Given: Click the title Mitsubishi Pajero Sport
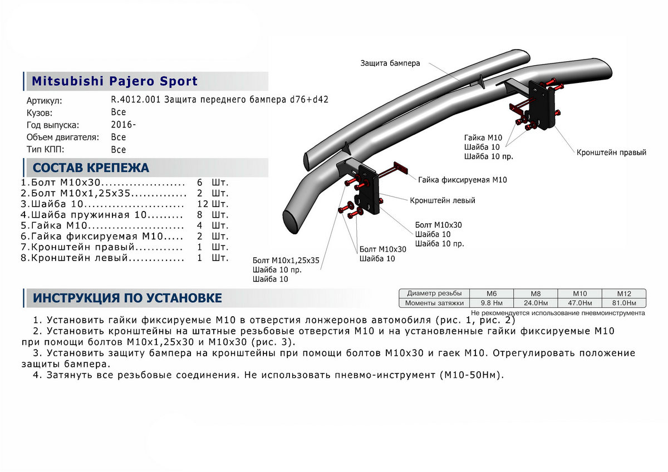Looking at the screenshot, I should coord(115,81).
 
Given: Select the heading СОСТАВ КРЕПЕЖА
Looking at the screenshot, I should coord(91,168).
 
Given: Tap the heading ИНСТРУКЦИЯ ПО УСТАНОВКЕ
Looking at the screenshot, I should coord(127,298).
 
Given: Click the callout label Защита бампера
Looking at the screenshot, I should coord(390,63).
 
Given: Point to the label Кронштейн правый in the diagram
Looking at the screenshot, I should coord(611,152).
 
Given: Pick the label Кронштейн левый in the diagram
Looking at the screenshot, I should coord(443,200).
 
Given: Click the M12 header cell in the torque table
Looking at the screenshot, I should coord(623,293).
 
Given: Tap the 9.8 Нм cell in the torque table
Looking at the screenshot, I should coord(492,303).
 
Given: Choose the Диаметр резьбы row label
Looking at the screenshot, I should coord(434,293).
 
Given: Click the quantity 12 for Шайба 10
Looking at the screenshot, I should coord(202,204).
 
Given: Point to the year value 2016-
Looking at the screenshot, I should coord(123,124).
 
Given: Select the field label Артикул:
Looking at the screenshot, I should coord(45,101).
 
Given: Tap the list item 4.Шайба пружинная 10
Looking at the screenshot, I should coord(102,215).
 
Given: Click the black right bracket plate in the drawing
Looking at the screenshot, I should coord(542,106).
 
